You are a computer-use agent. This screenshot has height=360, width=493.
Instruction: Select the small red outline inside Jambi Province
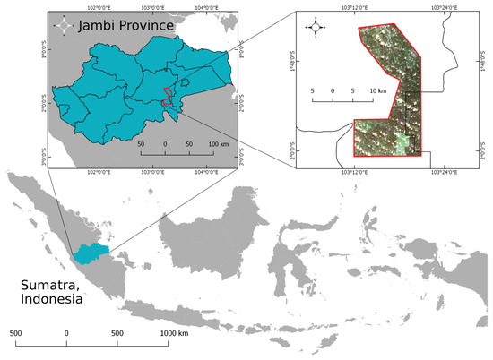(x=168, y=96)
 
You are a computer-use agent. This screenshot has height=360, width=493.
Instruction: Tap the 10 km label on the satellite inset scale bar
(x=377, y=91)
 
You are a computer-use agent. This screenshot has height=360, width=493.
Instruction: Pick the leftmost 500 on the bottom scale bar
(x=15, y=333)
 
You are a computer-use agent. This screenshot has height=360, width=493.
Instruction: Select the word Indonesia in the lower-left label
(x=50, y=302)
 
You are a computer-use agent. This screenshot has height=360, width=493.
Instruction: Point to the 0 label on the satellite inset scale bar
(x=333, y=91)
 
